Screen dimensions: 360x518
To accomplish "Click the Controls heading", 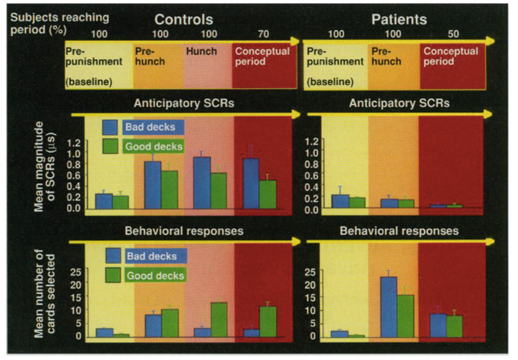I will pyautogui.click(x=183, y=20).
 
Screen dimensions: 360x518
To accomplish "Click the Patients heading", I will pyautogui.click(x=399, y=20).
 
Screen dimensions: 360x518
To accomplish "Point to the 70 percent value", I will pyautogui.click(x=264, y=35).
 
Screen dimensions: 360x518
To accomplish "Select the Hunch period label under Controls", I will pyautogui.click(x=201, y=51).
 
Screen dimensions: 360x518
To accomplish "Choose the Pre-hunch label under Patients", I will pyautogui.click(x=386, y=56).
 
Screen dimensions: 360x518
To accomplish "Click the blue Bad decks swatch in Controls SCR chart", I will pyautogui.click(x=110, y=127).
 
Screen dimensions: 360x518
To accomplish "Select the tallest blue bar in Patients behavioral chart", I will pyautogui.click(x=389, y=307).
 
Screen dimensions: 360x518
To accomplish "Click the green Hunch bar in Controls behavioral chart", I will pyautogui.click(x=218, y=319).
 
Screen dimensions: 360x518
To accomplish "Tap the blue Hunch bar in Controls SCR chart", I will pyautogui.click(x=202, y=183).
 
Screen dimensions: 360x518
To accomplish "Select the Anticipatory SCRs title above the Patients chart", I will pyautogui.click(x=399, y=103).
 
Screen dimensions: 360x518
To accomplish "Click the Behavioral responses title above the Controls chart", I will pyautogui.click(x=184, y=231).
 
